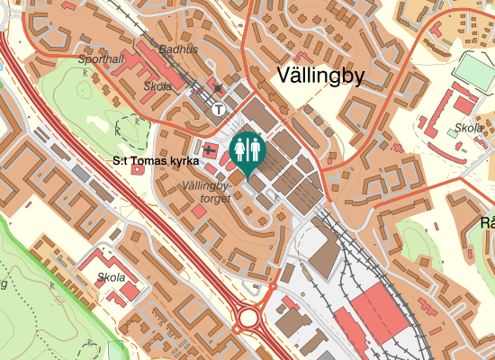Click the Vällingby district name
(320, 76)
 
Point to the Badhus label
(177, 49)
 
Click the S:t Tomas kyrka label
(155, 162)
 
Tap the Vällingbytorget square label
(207, 191)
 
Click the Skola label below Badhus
(157, 86)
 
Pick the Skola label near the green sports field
(469, 129)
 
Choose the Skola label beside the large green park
(112, 277)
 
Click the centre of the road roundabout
(247, 318)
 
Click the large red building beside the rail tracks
(379, 315)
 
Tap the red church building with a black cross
(210, 149)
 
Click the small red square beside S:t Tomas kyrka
(136, 170)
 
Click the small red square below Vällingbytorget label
(198, 211)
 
